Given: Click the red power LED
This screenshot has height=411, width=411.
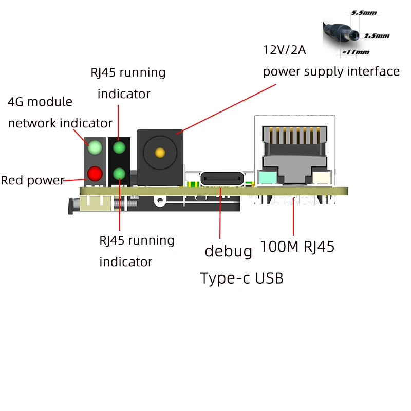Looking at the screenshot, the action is point(95,174).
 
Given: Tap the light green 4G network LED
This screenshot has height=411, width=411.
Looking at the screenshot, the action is point(95,147).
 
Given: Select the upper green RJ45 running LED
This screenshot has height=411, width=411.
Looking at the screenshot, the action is point(119,147).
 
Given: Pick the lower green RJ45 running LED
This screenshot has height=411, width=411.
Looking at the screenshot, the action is point(119,174).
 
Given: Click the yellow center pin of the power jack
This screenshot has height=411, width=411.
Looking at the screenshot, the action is point(160,153).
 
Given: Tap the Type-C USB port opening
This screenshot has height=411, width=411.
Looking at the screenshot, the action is point(222,179).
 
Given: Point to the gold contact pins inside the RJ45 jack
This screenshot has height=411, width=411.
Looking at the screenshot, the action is point(294,135).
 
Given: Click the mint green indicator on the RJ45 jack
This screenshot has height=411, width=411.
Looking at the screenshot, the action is point(268,178).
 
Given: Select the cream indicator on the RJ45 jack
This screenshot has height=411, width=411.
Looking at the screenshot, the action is point(322,178).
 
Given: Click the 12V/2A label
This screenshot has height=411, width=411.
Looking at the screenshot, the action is point(285,50).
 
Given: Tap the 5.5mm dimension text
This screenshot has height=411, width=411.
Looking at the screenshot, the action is point(364,13).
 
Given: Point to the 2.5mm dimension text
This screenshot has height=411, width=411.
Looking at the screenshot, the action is point(377,35).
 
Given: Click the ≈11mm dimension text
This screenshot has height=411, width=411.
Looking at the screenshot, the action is point(356,52).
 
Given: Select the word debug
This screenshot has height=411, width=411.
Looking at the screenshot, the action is point(228,252).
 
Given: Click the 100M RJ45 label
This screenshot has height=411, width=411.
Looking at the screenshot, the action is point(297,247).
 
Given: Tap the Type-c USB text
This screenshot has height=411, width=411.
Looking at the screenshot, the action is point(241,278).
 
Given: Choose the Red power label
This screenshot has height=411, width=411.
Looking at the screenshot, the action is point(32,181).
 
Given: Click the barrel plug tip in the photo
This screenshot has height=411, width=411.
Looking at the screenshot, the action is point(354,35).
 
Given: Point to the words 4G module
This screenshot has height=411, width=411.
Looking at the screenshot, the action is point(40,102).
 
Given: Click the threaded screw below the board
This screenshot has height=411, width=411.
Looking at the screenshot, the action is point(125,204).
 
